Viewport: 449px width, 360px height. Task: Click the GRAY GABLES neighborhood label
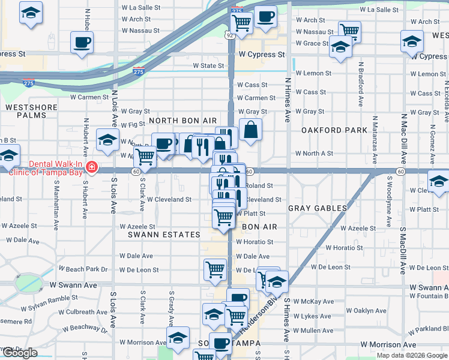click(x=318, y=208)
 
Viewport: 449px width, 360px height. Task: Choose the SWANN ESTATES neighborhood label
click(x=164, y=235)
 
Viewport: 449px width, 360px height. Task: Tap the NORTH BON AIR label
click(x=182, y=121)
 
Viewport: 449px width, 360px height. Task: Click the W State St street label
click(x=208, y=66)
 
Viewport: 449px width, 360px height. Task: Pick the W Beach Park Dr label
click(x=83, y=269)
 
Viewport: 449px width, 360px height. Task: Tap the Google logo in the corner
click(x=19, y=353)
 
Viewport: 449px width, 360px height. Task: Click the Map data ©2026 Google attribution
click(x=411, y=355)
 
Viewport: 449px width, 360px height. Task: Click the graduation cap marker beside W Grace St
click(x=340, y=47)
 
